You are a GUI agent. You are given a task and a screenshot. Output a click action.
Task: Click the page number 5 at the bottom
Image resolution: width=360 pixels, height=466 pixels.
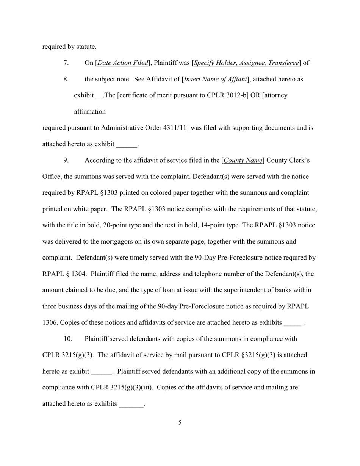[180, 423]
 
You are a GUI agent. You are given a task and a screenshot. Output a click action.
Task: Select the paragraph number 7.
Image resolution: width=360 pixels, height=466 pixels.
[66, 63]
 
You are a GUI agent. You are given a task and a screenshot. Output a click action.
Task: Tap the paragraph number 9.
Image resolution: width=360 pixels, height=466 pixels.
[66, 160]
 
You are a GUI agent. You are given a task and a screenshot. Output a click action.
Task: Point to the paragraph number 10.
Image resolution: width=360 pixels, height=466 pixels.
[67, 339]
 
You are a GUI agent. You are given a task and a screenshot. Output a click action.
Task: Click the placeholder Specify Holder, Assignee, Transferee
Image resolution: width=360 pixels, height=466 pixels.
[246, 63]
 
